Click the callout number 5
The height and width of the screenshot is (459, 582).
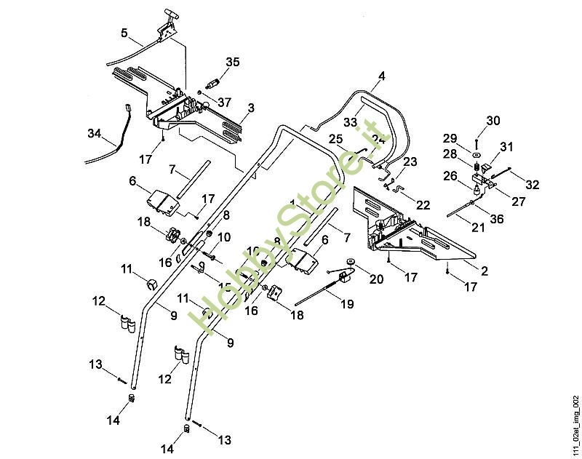[x=124, y=33]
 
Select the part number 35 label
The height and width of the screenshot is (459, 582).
[x=232, y=63]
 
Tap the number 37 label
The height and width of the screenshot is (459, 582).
[x=225, y=102]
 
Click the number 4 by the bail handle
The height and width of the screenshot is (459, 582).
[x=381, y=76]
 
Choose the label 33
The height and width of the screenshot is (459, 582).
[x=351, y=122]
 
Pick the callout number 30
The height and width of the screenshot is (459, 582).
[x=493, y=120]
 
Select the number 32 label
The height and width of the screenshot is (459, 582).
[x=532, y=185]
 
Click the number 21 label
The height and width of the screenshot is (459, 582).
[x=477, y=228]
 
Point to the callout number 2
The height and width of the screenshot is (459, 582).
[x=484, y=271]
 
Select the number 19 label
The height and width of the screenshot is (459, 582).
[x=347, y=303]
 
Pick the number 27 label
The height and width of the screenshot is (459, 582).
[x=518, y=201]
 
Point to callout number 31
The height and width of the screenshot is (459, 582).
[x=506, y=147]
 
